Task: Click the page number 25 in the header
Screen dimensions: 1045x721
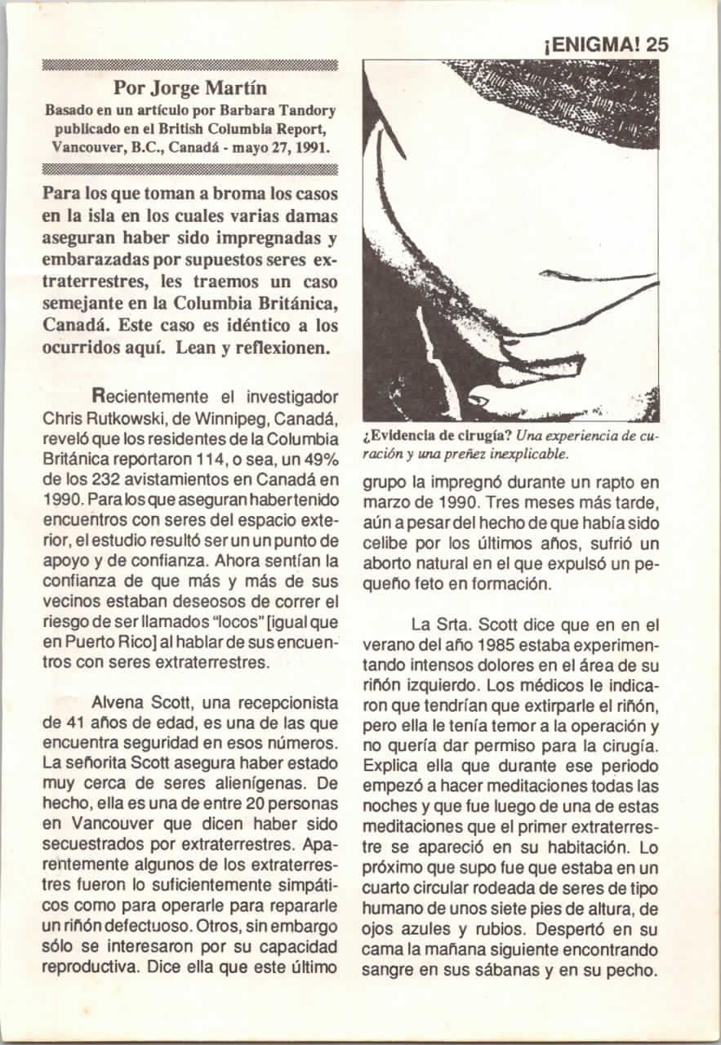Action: tap(656, 45)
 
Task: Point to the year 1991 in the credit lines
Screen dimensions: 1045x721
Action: tap(311, 148)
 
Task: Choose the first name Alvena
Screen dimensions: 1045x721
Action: tap(120, 704)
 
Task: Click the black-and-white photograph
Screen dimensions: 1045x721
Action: tap(511, 240)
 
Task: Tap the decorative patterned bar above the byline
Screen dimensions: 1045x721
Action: tap(189, 64)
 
